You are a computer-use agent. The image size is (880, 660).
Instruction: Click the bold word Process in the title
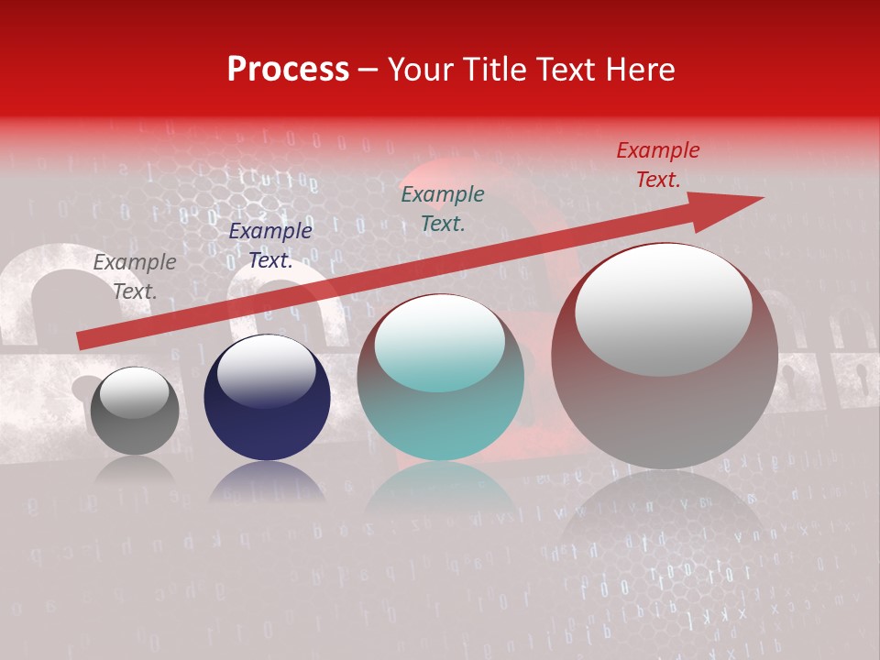(288, 70)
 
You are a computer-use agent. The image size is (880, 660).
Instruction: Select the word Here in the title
(640, 70)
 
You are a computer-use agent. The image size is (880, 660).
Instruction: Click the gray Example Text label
(135, 277)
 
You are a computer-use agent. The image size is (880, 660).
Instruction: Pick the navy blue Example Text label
(270, 246)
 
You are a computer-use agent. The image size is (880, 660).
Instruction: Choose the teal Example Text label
(443, 208)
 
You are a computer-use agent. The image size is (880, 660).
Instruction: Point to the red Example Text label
(658, 165)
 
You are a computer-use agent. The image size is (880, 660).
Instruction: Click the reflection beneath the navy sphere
(267, 482)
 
